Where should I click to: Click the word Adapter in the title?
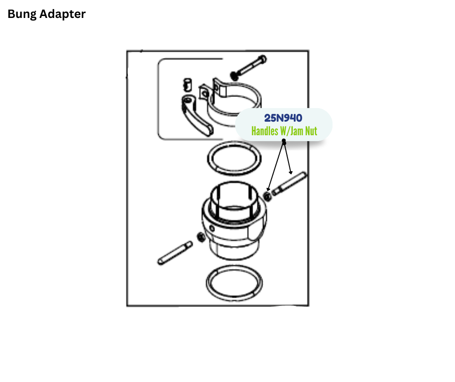(63, 15)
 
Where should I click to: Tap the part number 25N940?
(283, 118)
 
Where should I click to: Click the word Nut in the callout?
(310, 131)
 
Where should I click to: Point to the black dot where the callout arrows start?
(284, 142)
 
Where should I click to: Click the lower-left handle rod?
(175, 253)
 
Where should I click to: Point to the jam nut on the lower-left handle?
(199, 237)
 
